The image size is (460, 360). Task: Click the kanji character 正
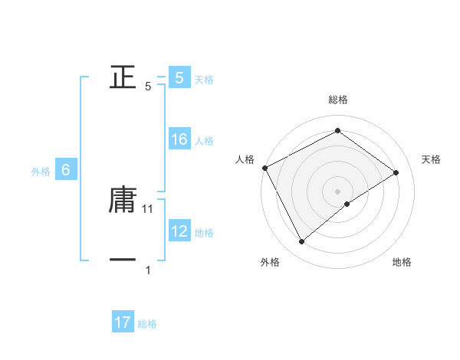tap(123, 78)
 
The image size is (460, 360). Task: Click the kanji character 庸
tap(123, 199)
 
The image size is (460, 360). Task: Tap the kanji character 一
tap(123, 260)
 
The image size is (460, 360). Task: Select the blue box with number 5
tap(179, 77)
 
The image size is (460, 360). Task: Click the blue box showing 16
tap(179, 139)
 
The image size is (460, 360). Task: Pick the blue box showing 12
tap(179, 231)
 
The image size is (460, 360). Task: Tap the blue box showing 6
tap(66, 171)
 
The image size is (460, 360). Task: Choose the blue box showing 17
tap(123, 322)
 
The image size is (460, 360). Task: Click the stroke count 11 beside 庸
tap(149, 208)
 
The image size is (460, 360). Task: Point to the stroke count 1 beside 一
tap(148, 270)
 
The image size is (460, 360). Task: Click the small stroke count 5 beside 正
tap(148, 87)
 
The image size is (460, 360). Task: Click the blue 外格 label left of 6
tap(41, 172)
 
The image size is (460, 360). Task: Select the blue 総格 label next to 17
tap(147, 324)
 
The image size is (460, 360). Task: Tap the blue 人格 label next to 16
tap(204, 141)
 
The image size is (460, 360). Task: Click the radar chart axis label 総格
tap(337, 100)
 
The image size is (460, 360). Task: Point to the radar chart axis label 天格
tap(431, 159)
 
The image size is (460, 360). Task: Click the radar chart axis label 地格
tap(402, 262)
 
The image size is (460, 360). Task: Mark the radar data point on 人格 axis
tap(264, 167)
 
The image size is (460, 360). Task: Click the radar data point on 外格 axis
tap(301, 242)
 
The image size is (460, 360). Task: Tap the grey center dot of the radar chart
tap(337, 191)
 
